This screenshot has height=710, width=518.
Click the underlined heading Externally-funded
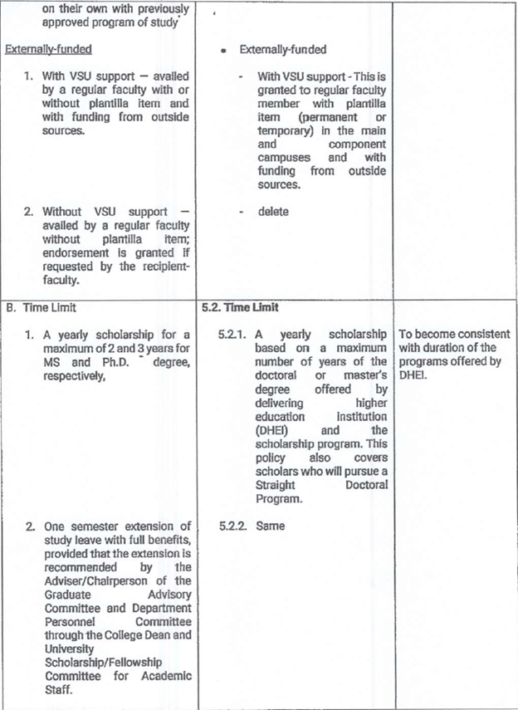coord(48,49)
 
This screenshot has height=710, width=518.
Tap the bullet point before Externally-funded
coord(225,51)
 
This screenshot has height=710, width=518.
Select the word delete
coord(273,212)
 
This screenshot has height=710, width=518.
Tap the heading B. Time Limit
coord(40,306)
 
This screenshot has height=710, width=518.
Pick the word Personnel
coord(69,621)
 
